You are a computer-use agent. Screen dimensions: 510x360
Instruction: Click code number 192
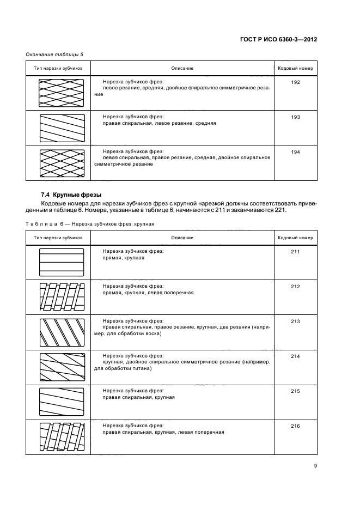point(296,82)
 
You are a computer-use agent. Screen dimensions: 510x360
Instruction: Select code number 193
point(296,117)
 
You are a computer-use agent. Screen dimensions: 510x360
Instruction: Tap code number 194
point(296,152)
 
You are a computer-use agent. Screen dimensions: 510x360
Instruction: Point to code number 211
point(296,252)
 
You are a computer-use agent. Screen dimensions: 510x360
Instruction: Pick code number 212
point(296,287)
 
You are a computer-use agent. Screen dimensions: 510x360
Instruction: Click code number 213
point(296,321)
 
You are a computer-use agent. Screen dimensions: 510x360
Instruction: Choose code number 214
point(296,356)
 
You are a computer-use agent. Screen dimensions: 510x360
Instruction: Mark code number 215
point(296,391)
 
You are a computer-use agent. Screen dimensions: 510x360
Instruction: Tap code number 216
point(296,426)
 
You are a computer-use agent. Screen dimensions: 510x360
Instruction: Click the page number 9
point(316,464)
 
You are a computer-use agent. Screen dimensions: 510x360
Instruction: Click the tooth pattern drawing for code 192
point(62,93)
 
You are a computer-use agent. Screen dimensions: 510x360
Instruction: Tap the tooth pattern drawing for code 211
point(62,263)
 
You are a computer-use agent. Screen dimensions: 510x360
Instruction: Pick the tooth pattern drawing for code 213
point(62,333)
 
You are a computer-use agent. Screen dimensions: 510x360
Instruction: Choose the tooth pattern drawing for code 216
point(62,438)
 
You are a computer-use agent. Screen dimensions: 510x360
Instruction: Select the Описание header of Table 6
point(182,238)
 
